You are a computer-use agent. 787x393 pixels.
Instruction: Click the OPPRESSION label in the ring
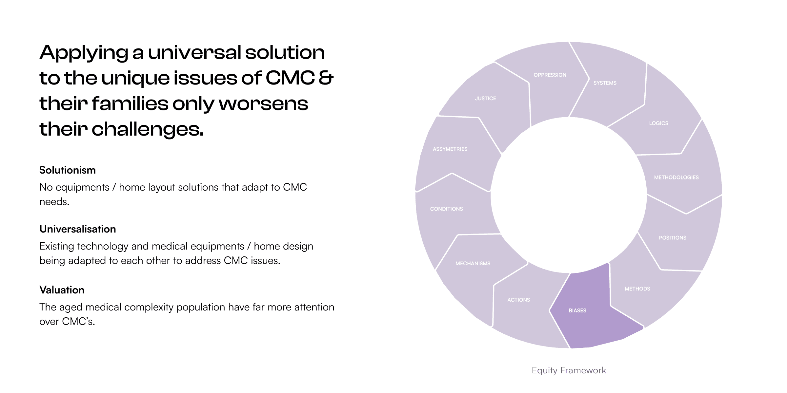click(550, 75)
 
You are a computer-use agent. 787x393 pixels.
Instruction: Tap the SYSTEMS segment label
click(605, 83)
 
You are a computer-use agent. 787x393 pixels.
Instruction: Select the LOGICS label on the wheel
click(658, 123)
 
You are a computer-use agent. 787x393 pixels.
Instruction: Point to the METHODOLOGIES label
click(676, 178)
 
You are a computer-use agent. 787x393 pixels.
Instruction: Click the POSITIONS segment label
click(672, 238)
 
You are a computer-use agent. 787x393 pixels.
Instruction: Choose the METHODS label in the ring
click(637, 289)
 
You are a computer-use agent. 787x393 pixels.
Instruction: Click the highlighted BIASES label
click(577, 310)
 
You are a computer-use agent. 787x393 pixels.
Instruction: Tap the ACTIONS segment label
click(518, 300)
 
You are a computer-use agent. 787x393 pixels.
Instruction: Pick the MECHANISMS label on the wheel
click(473, 264)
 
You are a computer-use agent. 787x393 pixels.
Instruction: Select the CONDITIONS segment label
click(446, 209)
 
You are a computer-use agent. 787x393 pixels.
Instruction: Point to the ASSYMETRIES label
click(450, 149)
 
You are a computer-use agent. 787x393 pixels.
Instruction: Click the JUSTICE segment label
click(485, 99)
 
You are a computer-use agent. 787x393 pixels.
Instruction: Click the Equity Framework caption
click(569, 370)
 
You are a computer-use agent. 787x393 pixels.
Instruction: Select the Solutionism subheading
click(68, 170)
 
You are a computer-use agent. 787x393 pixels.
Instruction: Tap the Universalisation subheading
click(78, 229)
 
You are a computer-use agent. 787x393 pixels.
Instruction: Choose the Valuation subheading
click(62, 290)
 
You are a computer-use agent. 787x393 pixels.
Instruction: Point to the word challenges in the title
click(148, 129)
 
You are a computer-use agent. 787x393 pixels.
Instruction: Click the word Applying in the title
click(84, 53)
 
